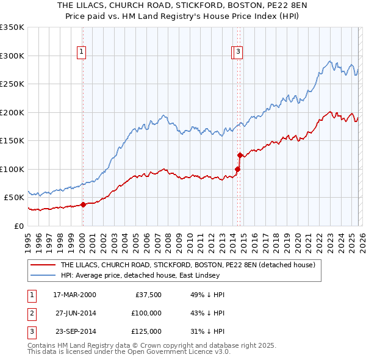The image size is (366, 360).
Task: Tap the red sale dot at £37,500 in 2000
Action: pos(83,204)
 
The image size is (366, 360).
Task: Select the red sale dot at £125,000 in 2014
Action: pos(240,155)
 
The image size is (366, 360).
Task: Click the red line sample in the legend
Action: pos(43,265)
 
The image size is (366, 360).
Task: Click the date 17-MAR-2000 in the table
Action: pos(74,295)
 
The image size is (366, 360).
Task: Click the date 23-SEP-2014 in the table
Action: pos(74,331)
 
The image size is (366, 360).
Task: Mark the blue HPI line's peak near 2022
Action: pos(329,61)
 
